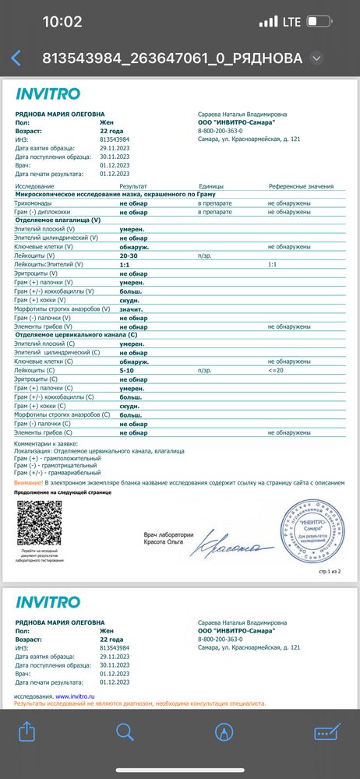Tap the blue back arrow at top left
[16, 58]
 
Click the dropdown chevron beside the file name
[316, 58]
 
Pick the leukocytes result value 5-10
[127, 371]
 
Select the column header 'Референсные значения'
[301, 187]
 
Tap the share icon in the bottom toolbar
[26, 731]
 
